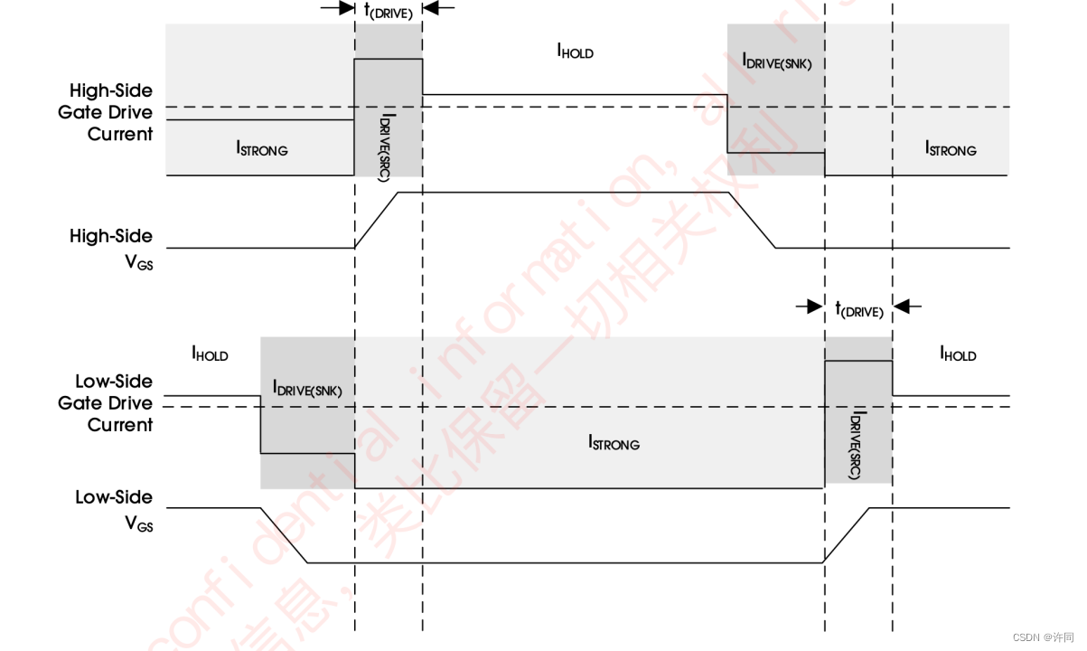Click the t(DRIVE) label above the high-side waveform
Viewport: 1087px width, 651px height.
[x=388, y=11]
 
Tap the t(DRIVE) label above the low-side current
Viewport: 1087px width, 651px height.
[x=858, y=309]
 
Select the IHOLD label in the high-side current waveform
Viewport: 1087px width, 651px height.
[x=575, y=52]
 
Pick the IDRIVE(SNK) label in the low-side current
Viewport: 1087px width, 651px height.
[x=307, y=388]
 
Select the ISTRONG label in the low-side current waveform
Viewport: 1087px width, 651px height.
[x=614, y=443]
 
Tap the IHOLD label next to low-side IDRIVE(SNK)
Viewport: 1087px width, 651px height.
[x=210, y=354]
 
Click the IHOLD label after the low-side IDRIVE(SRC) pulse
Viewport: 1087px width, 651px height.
[x=958, y=354]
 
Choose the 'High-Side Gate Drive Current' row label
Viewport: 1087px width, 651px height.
[x=113, y=112]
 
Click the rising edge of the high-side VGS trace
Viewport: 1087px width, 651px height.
[x=376, y=220]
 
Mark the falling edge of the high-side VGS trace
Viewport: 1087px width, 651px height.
[x=754, y=220]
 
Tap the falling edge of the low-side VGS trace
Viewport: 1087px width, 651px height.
[x=285, y=535]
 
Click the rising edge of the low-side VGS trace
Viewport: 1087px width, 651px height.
[x=848, y=535]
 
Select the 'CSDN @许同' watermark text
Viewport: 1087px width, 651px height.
[x=1043, y=637]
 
